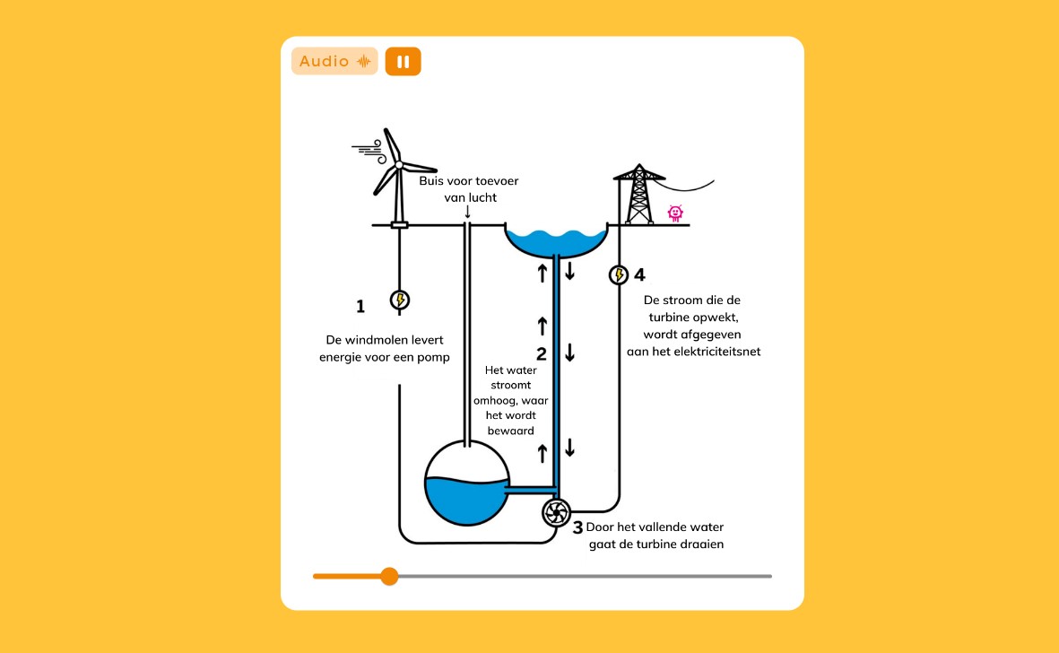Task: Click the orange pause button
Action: [x=403, y=61]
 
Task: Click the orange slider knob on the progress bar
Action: [x=389, y=576]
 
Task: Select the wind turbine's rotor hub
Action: [x=398, y=164]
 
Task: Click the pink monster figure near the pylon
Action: [x=675, y=213]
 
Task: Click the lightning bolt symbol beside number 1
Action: [x=400, y=300]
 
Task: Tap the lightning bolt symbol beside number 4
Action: [x=618, y=274]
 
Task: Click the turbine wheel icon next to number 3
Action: [x=556, y=513]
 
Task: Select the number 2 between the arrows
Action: [x=542, y=353]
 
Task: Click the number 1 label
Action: [x=360, y=307]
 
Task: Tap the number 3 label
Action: [x=577, y=527]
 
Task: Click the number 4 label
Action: [x=639, y=274]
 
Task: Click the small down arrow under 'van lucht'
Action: [x=467, y=212]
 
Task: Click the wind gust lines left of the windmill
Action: [x=367, y=150]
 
